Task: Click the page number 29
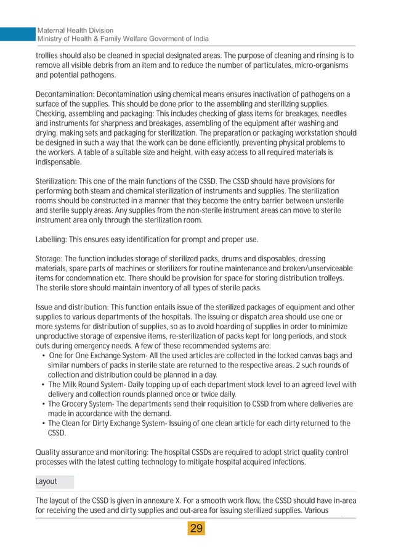point(197,528)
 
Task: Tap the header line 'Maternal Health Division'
point(75,30)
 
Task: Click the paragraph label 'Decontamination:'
point(64,94)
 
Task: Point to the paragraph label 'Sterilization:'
point(56,182)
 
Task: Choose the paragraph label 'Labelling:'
point(52,239)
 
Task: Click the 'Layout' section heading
point(46,481)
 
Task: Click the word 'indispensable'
point(58,162)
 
